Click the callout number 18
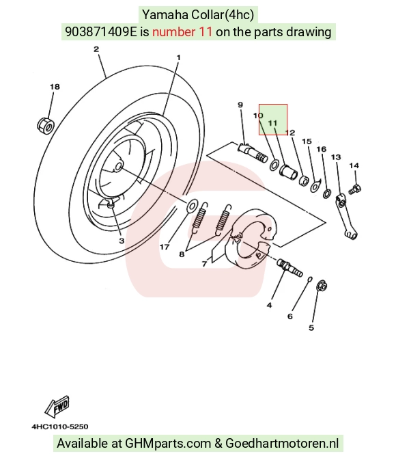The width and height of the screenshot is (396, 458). click(55, 87)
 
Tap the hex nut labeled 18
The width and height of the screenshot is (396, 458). click(46, 125)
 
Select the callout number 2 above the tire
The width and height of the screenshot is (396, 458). click(96, 49)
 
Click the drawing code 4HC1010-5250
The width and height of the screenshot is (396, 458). click(60, 427)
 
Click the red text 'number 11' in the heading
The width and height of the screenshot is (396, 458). click(182, 31)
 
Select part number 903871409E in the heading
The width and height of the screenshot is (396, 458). click(100, 31)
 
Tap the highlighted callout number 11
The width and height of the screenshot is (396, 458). click(272, 123)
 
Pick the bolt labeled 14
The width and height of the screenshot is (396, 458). click(354, 189)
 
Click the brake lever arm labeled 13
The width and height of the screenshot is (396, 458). click(345, 216)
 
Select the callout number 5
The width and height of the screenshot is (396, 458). click(311, 327)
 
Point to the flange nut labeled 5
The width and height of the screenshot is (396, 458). click(322, 286)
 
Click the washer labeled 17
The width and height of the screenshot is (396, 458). click(192, 206)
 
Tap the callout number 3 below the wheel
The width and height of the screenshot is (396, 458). click(122, 241)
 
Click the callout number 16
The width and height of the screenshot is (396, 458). click(322, 149)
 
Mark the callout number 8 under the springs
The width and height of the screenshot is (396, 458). click(182, 254)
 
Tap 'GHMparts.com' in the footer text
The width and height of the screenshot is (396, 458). click(168, 443)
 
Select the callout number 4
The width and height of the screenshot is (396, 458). click(269, 306)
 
